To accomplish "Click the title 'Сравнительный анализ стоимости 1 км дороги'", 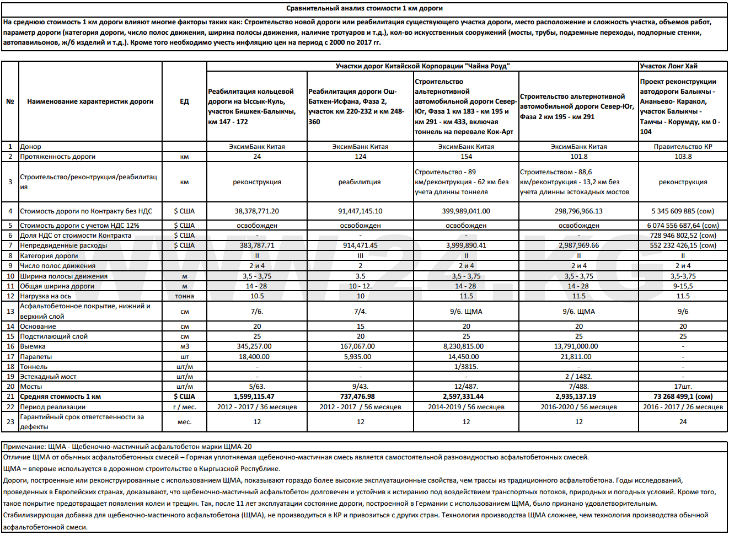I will tap(364, 8).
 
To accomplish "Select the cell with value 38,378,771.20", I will tap(257, 211).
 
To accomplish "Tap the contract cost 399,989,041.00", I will tap(466, 211).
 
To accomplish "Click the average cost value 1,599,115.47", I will tap(257, 397).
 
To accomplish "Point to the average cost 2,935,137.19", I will tap(578, 397).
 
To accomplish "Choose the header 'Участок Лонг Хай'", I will tap(668, 66).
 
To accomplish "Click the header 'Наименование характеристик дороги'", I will tap(90, 101).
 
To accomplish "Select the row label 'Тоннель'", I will tap(34, 367).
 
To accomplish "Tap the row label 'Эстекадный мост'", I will tap(48, 377).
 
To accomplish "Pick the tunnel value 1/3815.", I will tap(466, 367).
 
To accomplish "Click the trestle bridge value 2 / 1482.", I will tap(578, 377).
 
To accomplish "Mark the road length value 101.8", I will tap(578, 157).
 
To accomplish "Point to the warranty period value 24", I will tap(683, 422).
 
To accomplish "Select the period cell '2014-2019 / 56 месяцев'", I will tap(466, 407).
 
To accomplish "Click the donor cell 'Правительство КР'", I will tap(683, 147).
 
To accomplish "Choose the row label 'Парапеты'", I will tap(36, 357).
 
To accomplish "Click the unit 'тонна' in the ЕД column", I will tap(184, 296).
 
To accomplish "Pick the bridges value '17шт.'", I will tap(683, 387).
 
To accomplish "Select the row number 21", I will tap(10, 397).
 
